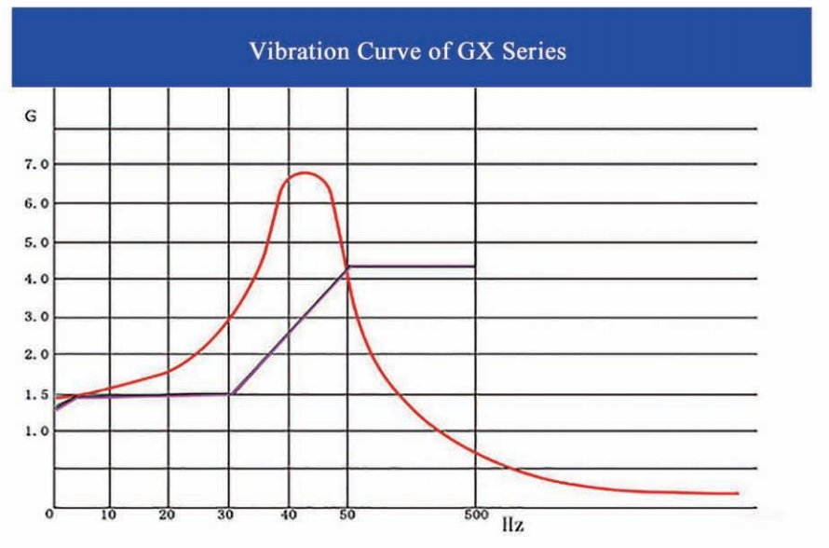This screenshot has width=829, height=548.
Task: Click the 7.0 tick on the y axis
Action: tap(37, 165)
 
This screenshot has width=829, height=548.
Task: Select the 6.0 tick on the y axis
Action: tap(37, 203)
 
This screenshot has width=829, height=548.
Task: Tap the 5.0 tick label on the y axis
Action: tap(37, 242)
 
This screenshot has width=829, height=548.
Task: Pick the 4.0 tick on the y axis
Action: tap(37, 280)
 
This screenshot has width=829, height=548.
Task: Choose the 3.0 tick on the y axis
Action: tap(37, 318)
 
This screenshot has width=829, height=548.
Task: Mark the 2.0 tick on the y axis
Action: tap(37, 355)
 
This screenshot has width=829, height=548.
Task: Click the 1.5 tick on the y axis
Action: tap(37, 394)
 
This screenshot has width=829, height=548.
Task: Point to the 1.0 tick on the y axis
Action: tap(37, 432)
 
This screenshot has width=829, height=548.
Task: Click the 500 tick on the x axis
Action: tap(475, 514)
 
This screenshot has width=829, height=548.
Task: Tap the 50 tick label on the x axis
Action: tap(347, 514)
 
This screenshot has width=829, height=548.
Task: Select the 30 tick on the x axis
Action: tap(228, 514)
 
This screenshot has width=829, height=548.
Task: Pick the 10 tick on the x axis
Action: tap(110, 514)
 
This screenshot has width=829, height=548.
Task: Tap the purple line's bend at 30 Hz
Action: tap(229, 394)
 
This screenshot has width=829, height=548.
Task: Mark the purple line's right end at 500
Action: tap(475, 267)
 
